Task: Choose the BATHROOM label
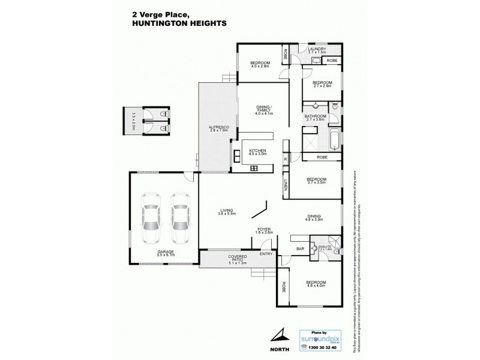pos(316,117)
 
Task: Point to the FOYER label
pos(265,229)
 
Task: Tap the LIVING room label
pos(227,211)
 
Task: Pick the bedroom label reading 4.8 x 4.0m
pos(316,284)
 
